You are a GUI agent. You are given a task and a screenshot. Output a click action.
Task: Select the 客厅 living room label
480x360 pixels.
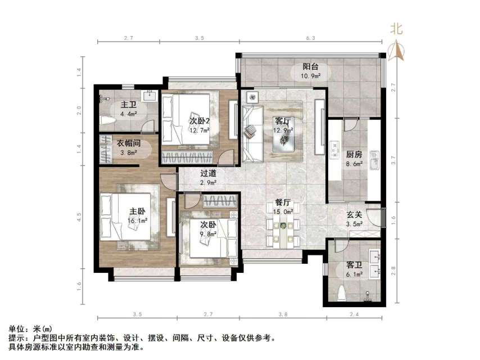[x=283, y=121]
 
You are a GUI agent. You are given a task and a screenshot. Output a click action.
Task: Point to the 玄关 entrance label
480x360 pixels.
[x=354, y=214]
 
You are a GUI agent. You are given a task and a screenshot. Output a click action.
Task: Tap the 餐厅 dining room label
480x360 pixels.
[x=283, y=202]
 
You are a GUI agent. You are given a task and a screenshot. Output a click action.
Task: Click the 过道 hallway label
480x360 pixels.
[x=209, y=174]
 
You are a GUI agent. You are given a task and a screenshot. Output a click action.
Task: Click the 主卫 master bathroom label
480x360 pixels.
[x=129, y=105]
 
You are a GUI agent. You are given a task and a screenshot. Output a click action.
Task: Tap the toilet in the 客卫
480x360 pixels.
[x=344, y=294]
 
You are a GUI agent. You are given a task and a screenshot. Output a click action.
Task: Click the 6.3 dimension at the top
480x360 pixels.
[x=312, y=38]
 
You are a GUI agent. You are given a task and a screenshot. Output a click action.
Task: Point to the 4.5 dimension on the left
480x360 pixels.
[x=79, y=215]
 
